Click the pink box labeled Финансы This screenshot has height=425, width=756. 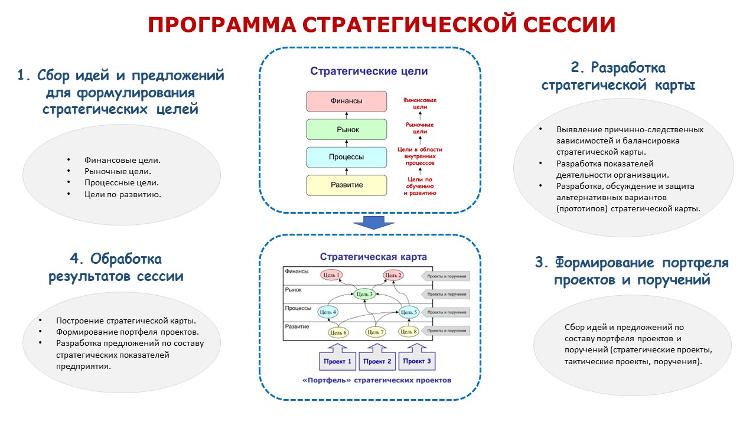tap(346, 102)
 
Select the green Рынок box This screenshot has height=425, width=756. tap(346, 129)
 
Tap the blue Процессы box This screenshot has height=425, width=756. tap(346, 157)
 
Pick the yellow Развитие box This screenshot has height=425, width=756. tap(346, 185)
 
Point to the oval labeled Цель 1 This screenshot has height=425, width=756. tap(331, 275)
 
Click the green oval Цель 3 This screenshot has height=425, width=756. tap(364, 294)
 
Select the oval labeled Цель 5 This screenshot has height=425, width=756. tap(408, 312)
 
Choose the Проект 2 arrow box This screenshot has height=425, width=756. tap(377, 360)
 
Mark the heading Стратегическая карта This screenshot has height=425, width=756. tap(373, 257)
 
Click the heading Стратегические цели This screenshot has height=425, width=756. tap(369, 71)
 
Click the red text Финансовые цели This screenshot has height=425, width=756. tap(420, 104)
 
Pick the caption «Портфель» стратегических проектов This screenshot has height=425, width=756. tap(369, 380)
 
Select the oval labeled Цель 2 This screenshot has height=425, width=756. tap(393, 275)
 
